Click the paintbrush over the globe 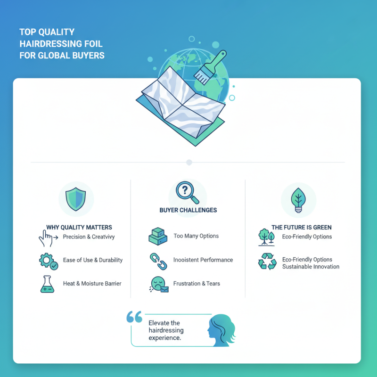pyautogui.click(x=210, y=68)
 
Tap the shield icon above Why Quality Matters pyautogui.click(x=76, y=199)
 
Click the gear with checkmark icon pyautogui.click(x=49, y=262)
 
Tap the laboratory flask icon pyautogui.click(x=47, y=284)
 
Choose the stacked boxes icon pyautogui.click(x=158, y=237)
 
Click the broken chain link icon pyautogui.click(x=158, y=262)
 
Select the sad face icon pyautogui.click(x=159, y=285)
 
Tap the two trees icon pyautogui.click(x=266, y=237)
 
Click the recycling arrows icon pyautogui.click(x=267, y=262)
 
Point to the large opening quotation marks pyautogui.click(x=134, y=317)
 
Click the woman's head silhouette pyautogui.click(x=221, y=330)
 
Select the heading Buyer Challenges pyautogui.click(x=188, y=210)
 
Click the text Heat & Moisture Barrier pyautogui.click(x=92, y=284)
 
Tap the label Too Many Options pyautogui.click(x=196, y=236)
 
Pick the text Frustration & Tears pyautogui.click(x=197, y=284)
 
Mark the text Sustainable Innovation pyautogui.click(x=311, y=267)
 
